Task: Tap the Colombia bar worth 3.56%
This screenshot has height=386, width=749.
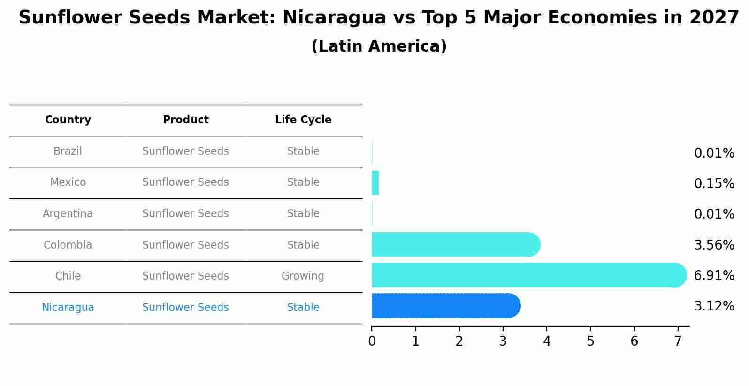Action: (455, 244)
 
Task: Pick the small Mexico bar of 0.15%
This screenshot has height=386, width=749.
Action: (375, 183)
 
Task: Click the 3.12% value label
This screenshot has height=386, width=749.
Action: (714, 306)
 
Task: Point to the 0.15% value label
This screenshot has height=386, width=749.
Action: (714, 183)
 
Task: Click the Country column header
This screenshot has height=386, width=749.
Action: (68, 120)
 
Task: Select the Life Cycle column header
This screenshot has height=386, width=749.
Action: (303, 120)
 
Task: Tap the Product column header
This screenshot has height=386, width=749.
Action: (185, 120)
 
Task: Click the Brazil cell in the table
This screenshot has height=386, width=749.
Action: (68, 151)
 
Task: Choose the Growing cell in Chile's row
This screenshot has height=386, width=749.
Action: (303, 276)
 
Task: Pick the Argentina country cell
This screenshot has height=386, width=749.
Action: (68, 214)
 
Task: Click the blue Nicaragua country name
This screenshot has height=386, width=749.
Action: (68, 308)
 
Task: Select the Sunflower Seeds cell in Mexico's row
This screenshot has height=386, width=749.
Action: (185, 182)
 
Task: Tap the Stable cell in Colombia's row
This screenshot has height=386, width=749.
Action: (303, 245)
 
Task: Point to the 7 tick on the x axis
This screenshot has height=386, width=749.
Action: (678, 341)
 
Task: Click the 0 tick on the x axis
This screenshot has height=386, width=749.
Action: (372, 341)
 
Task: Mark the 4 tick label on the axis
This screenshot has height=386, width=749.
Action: (547, 341)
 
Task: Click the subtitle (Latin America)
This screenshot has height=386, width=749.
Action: (379, 46)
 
